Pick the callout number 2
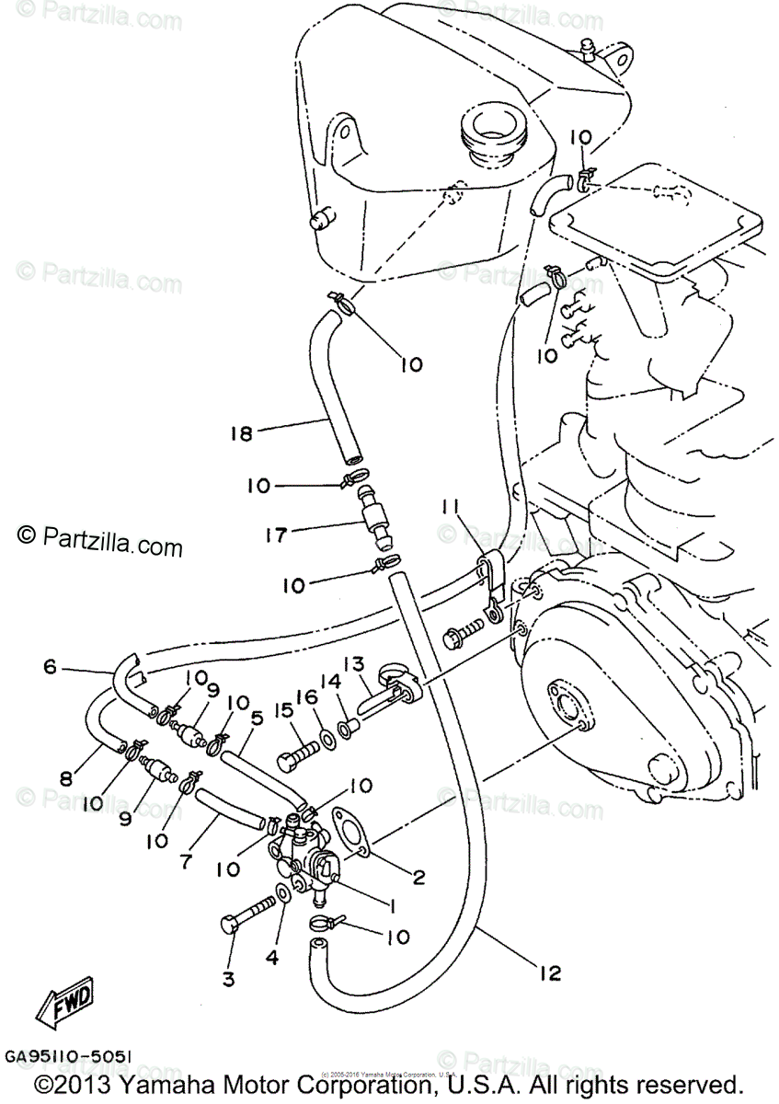pyautogui.click(x=418, y=877)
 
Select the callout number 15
pyautogui.click(x=281, y=710)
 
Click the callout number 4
pyautogui.click(x=272, y=957)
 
